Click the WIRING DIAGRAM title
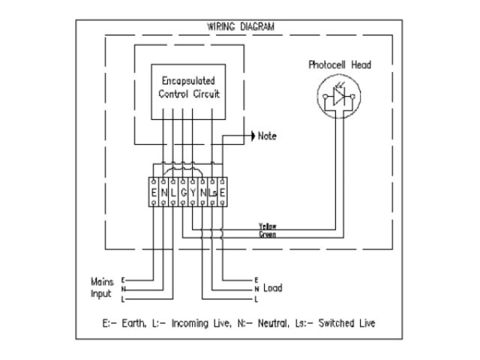coord(241,25)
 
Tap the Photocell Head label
coord(340,64)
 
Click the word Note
coord(267,136)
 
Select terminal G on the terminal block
coord(183,193)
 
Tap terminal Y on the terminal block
coord(193,193)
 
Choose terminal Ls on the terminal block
coord(212,193)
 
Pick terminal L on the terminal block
coord(173,193)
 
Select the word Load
coord(274,288)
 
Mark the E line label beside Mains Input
coord(123,279)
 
